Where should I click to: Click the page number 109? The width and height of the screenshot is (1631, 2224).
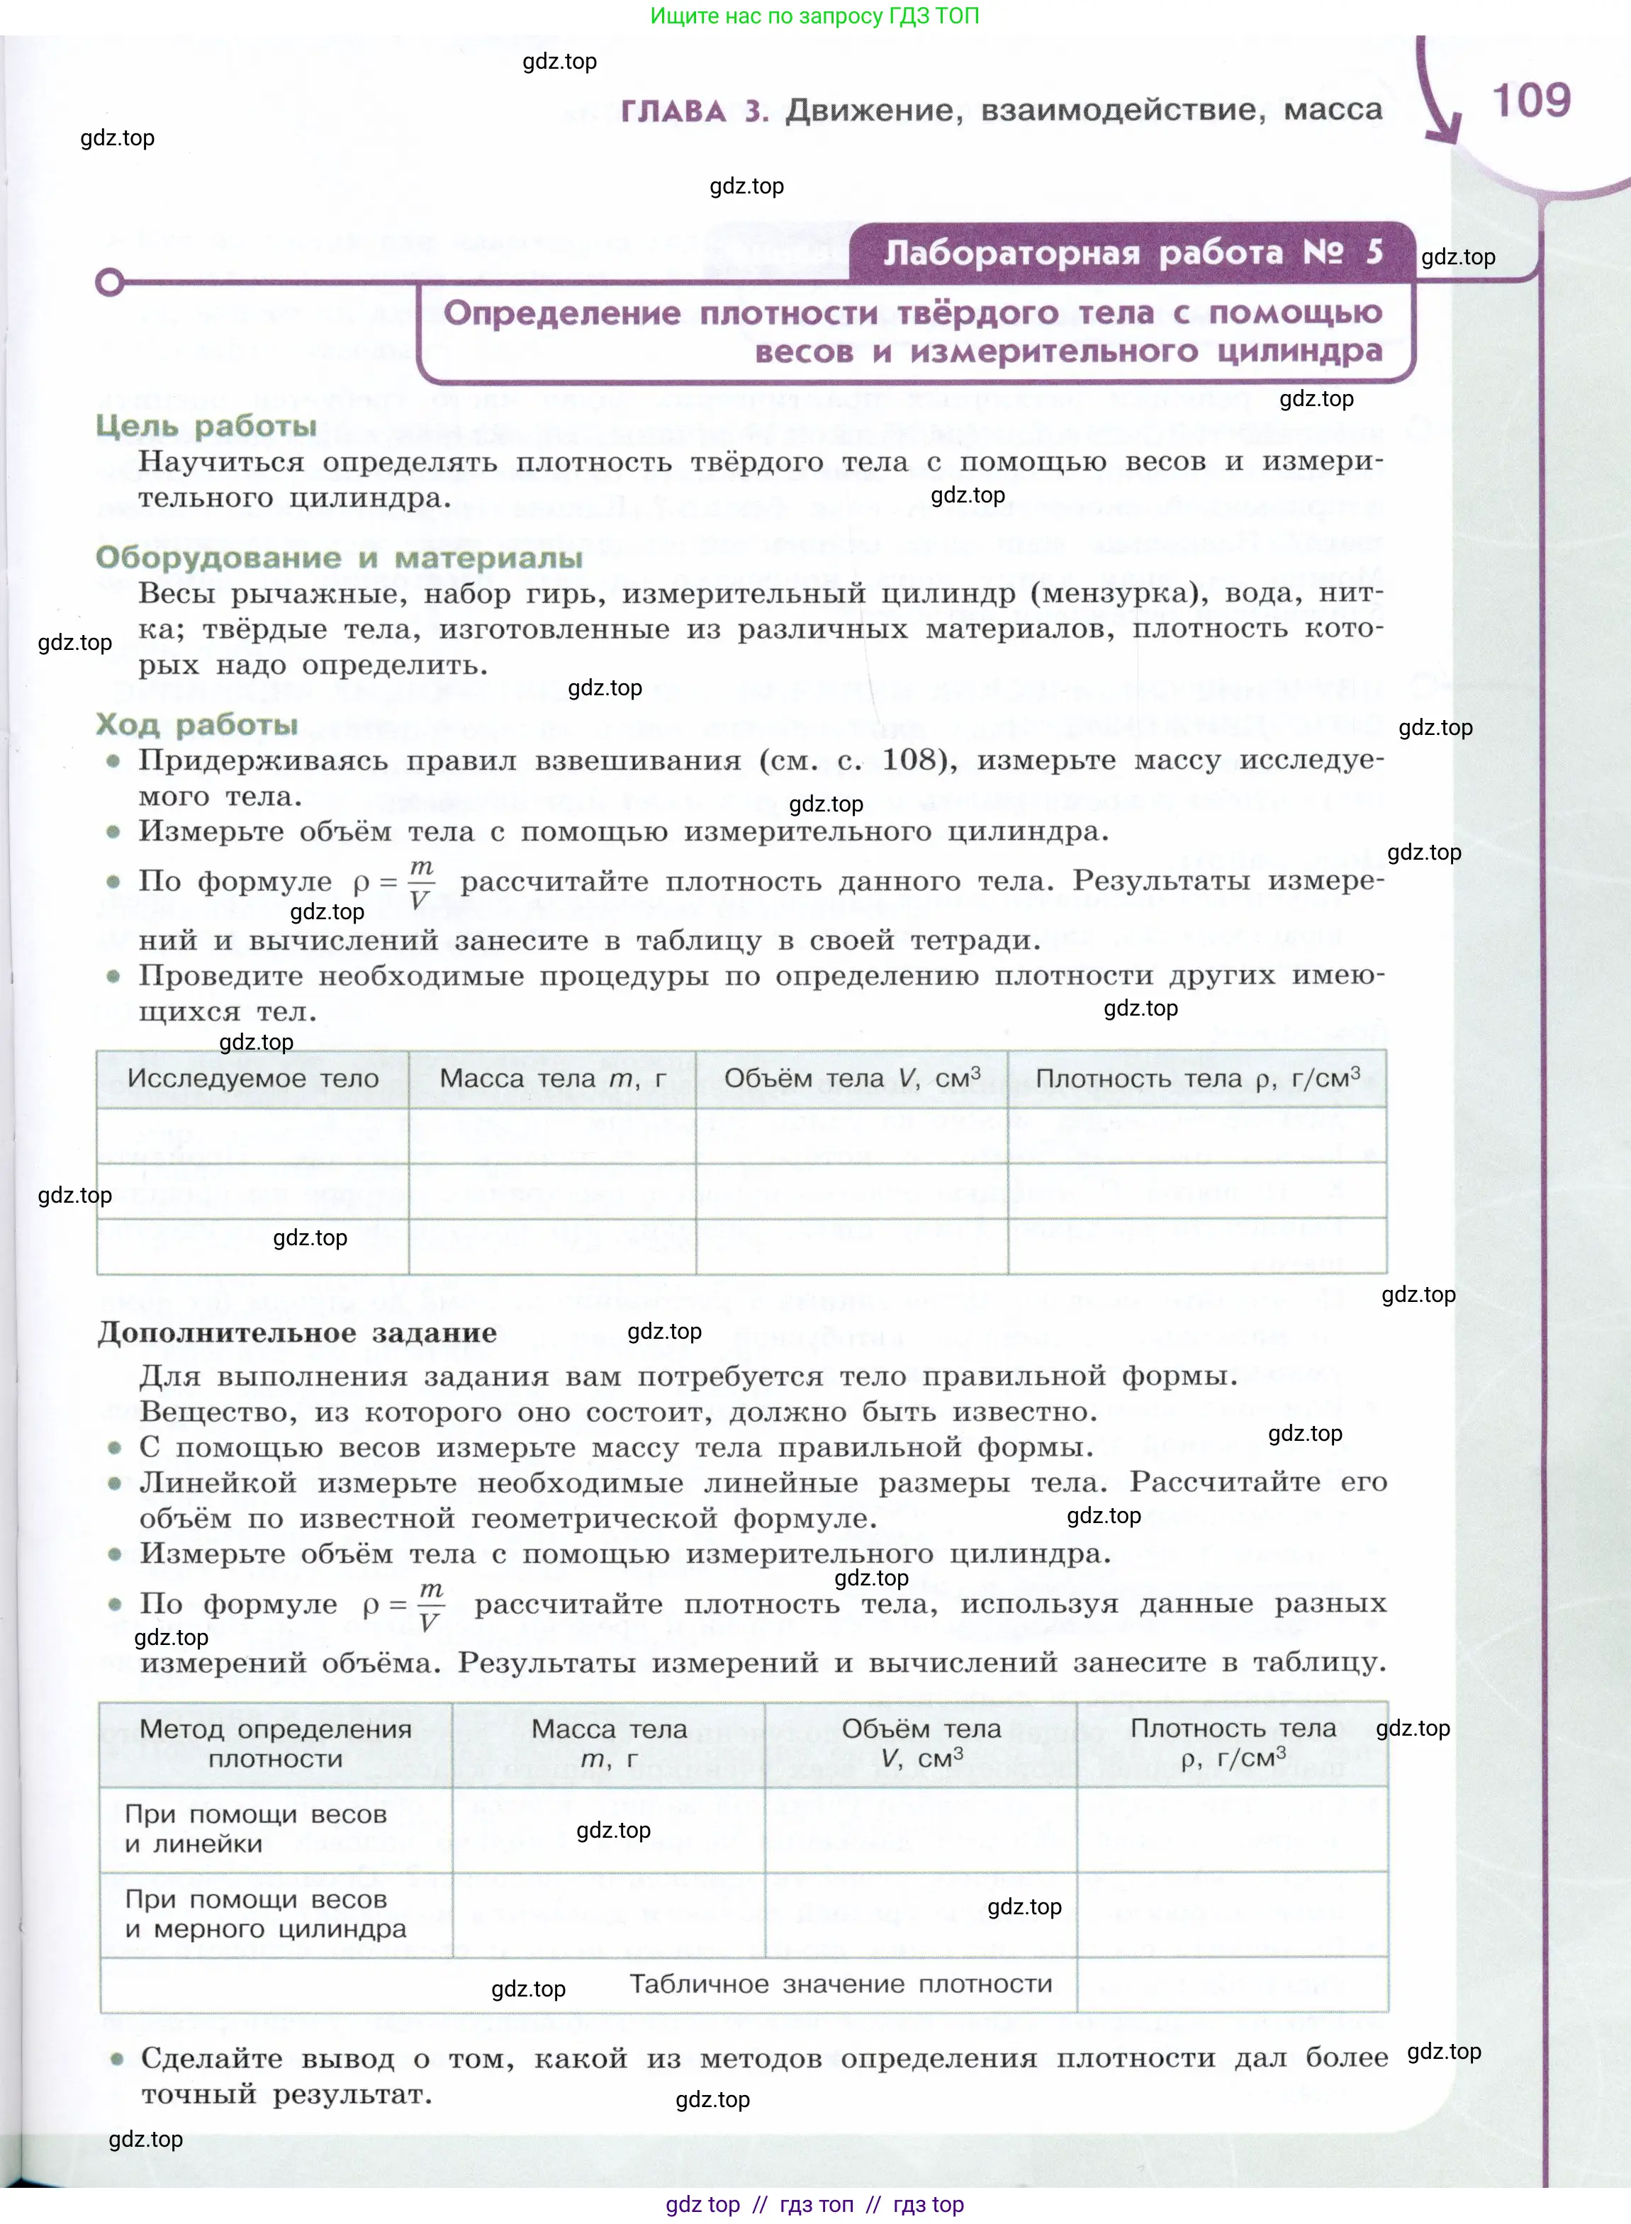point(1530,101)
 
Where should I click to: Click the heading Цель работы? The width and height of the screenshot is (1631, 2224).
point(206,427)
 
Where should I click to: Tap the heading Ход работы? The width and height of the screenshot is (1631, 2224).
point(196,724)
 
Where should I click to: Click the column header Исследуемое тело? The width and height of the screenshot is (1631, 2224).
point(253,1079)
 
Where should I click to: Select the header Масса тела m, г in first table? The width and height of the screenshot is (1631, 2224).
point(552,1079)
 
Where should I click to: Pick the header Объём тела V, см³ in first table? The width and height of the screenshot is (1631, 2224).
point(851,1079)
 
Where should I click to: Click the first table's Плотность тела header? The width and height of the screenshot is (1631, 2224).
point(1196,1079)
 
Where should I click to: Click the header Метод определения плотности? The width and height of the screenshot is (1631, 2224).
point(276,1743)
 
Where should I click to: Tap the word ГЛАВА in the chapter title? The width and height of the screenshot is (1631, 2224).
point(673,111)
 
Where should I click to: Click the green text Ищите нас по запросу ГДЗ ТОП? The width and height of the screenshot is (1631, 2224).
point(814,16)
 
